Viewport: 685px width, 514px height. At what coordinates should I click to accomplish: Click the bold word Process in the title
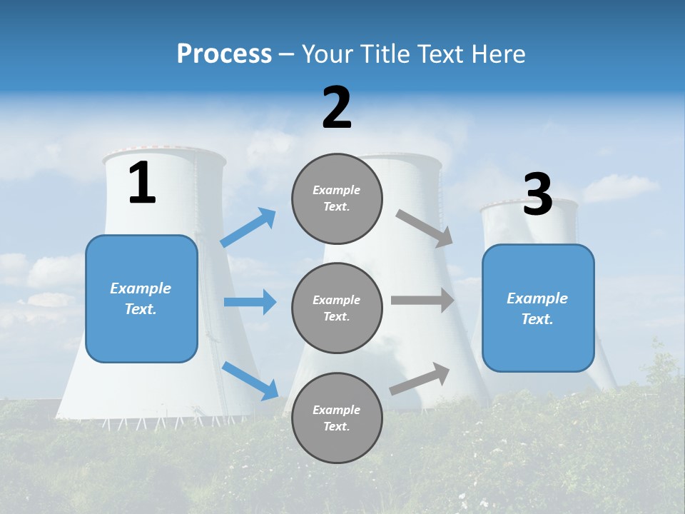tap(224, 54)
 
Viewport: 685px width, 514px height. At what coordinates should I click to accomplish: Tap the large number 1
tap(142, 183)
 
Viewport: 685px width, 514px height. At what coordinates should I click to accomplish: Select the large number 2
tap(337, 108)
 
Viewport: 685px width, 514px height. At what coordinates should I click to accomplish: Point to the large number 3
tap(537, 194)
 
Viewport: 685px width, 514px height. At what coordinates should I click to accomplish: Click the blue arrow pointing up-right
tap(248, 228)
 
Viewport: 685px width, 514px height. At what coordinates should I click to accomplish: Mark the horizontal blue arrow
tap(250, 302)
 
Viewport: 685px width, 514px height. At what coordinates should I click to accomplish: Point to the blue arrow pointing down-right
tap(250, 381)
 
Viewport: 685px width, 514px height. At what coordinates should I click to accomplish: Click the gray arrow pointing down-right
tap(425, 228)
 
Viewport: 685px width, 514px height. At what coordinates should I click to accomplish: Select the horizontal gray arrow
tap(422, 300)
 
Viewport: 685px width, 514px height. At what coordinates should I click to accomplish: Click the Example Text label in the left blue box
tap(141, 298)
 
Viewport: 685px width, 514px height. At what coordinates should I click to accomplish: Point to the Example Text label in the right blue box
tap(537, 308)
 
